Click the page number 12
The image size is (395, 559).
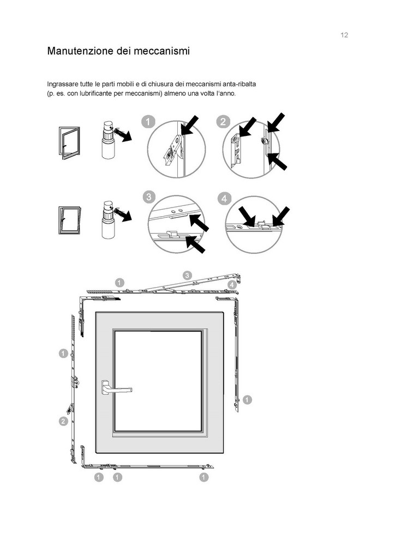[344, 35]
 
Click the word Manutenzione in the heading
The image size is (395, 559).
[80, 51]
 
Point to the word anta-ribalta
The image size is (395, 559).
[239, 84]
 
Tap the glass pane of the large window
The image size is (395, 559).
[158, 380]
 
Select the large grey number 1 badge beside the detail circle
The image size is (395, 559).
[148, 122]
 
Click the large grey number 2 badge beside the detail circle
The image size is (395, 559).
[223, 122]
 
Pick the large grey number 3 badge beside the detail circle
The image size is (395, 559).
[149, 197]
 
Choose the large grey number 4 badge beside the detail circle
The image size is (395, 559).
[224, 199]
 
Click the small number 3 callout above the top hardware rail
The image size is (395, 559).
[187, 275]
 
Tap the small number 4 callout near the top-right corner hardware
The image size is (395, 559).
[232, 285]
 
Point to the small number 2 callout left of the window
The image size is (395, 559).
[63, 421]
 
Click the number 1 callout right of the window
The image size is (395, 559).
[247, 400]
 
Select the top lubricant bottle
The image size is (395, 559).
[108, 140]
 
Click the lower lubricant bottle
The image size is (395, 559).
[108, 219]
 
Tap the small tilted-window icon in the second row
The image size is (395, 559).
[70, 221]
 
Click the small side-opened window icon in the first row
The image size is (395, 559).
[69, 142]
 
